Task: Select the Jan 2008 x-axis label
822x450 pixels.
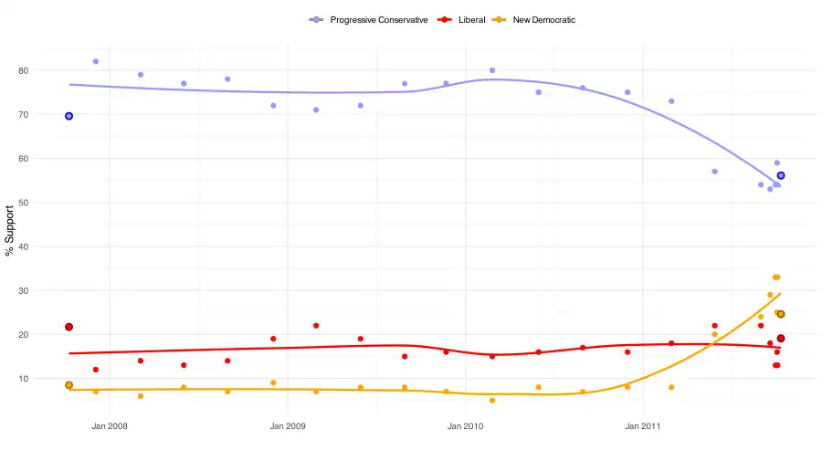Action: click(x=110, y=426)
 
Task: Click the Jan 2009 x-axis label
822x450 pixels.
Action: click(x=288, y=426)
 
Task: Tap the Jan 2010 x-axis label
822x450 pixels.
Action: click(x=466, y=426)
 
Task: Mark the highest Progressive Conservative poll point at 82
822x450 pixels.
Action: click(x=96, y=61)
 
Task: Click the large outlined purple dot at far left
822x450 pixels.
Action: click(x=68, y=116)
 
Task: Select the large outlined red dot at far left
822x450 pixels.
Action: click(x=68, y=327)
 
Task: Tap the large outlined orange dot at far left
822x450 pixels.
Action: click(x=68, y=385)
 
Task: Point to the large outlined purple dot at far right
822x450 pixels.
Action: click(x=781, y=175)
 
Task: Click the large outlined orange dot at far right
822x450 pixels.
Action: click(x=781, y=314)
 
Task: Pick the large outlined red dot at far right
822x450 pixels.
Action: click(x=781, y=339)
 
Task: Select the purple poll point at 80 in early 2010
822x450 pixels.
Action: click(x=492, y=70)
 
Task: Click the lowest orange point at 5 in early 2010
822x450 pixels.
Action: click(x=492, y=401)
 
